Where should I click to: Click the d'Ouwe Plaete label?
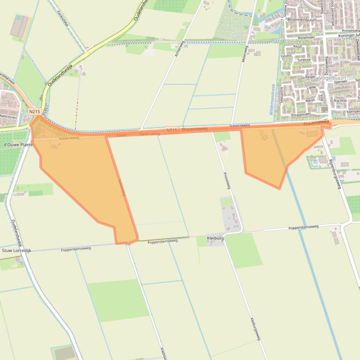coord(18,145)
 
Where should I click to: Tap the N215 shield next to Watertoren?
coord(34,111)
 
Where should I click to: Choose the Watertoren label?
coord(8,116)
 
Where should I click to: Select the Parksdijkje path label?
coord(63,18)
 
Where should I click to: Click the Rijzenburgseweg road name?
coord(336,173)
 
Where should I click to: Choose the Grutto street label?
coord(287,56)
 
